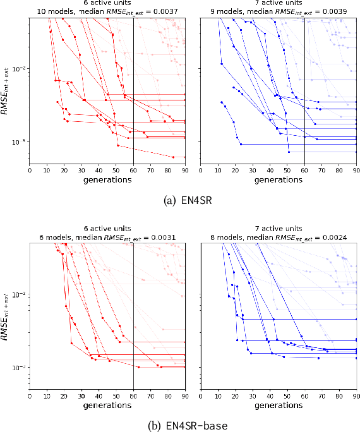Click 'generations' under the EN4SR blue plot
click(279, 179)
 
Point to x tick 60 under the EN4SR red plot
click(133, 170)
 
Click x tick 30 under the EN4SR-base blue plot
click(253, 396)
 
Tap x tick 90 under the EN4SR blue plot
click(356, 170)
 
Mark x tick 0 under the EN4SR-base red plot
click(30, 396)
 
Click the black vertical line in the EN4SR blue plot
click(304, 88)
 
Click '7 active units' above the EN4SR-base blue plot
click(279, 229)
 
